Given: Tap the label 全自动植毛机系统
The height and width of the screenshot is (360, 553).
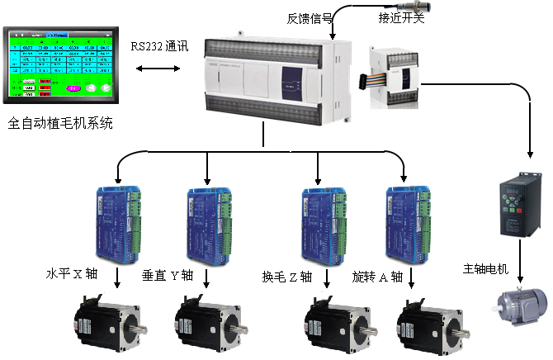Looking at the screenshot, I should point(59,124).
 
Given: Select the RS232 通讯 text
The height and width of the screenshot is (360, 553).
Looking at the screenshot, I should point(159,46).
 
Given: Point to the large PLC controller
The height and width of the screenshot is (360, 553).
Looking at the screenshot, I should point(272,79).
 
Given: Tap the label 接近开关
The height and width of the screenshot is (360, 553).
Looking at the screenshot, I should point(402,18).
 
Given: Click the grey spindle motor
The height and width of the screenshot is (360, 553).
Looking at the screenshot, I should point(519,309).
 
